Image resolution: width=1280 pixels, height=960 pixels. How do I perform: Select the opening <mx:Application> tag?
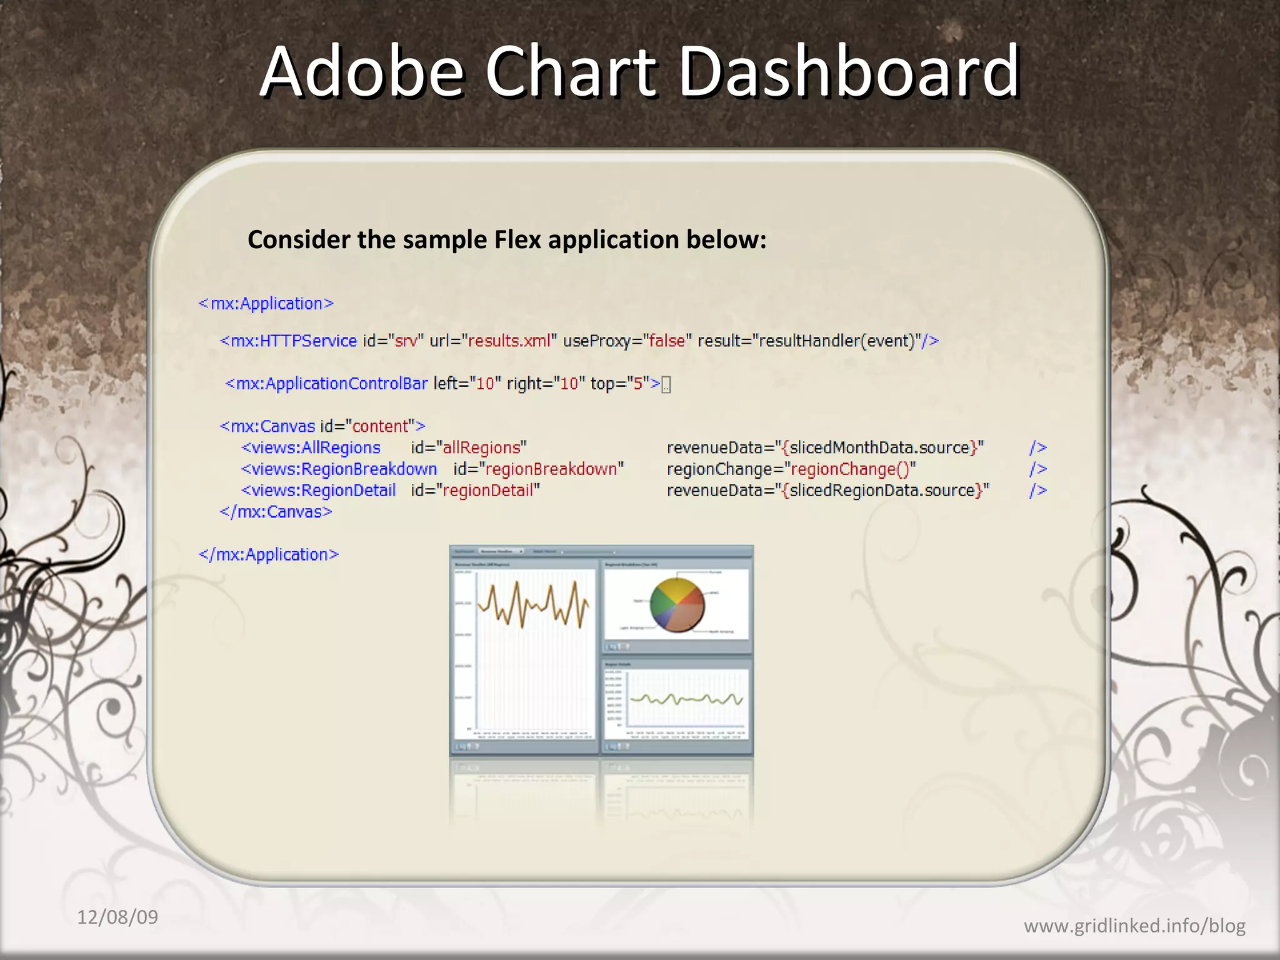click(266, 304)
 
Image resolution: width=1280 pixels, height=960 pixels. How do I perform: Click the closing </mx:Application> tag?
click(269, 554)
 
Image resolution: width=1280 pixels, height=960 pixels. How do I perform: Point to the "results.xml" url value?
click(509, 341)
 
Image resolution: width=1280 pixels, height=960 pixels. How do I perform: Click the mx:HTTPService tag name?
click(293, 341)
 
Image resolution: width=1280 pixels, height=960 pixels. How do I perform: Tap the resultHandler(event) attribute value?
click(837, 341)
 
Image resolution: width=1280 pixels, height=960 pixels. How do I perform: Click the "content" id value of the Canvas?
click(380, 426)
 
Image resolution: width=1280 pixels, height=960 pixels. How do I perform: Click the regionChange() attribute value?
click(849, 469)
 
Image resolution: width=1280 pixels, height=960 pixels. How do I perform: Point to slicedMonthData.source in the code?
click(879, 447)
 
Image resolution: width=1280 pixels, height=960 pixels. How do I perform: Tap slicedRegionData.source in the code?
click(882, 490)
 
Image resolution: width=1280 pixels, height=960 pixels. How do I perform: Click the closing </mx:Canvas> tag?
click(276, 512)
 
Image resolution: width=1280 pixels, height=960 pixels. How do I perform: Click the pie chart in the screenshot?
click(677, 604)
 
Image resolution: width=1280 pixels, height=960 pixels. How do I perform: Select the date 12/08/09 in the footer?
click(117, 917)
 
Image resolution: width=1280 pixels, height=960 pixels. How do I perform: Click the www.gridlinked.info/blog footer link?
click(1134, 925)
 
